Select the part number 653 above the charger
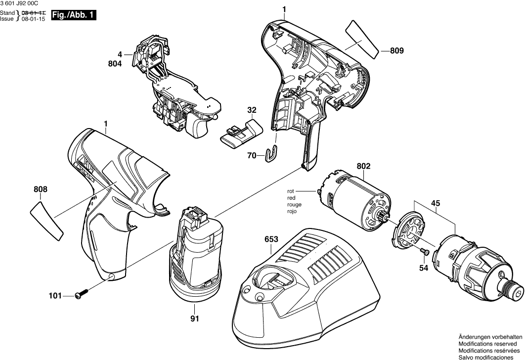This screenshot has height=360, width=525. coord(271,238)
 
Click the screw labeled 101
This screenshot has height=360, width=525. coord(82,295)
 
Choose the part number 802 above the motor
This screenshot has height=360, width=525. coord(363,167)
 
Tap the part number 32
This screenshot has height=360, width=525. coord(252,110)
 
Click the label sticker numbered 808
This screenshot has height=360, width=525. coord(47,216)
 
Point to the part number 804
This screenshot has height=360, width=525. coord(115,63)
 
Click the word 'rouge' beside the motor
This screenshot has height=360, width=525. coord(294,204)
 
